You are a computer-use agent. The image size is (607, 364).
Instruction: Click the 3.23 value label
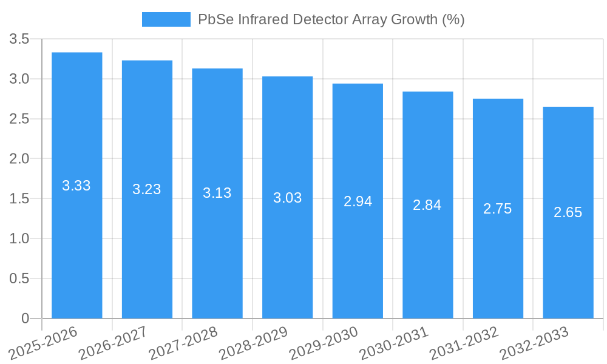point(147,189)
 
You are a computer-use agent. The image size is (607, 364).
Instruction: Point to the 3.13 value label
point(217,193)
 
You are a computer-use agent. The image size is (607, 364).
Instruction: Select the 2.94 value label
point(358,201)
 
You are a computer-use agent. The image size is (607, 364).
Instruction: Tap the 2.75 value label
point(498,209)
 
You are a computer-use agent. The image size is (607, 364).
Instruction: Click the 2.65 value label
point(568,212)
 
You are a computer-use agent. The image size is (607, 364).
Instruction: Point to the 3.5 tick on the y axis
point(19,39)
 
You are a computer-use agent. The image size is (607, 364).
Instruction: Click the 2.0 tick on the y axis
point(19,159)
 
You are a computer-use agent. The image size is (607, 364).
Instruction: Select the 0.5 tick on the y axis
point(19,278)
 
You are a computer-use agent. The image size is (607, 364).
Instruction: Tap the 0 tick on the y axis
point(25,318)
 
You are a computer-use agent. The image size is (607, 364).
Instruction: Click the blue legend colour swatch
point(166,19)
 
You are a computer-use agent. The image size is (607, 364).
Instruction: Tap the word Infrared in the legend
point(259,19)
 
